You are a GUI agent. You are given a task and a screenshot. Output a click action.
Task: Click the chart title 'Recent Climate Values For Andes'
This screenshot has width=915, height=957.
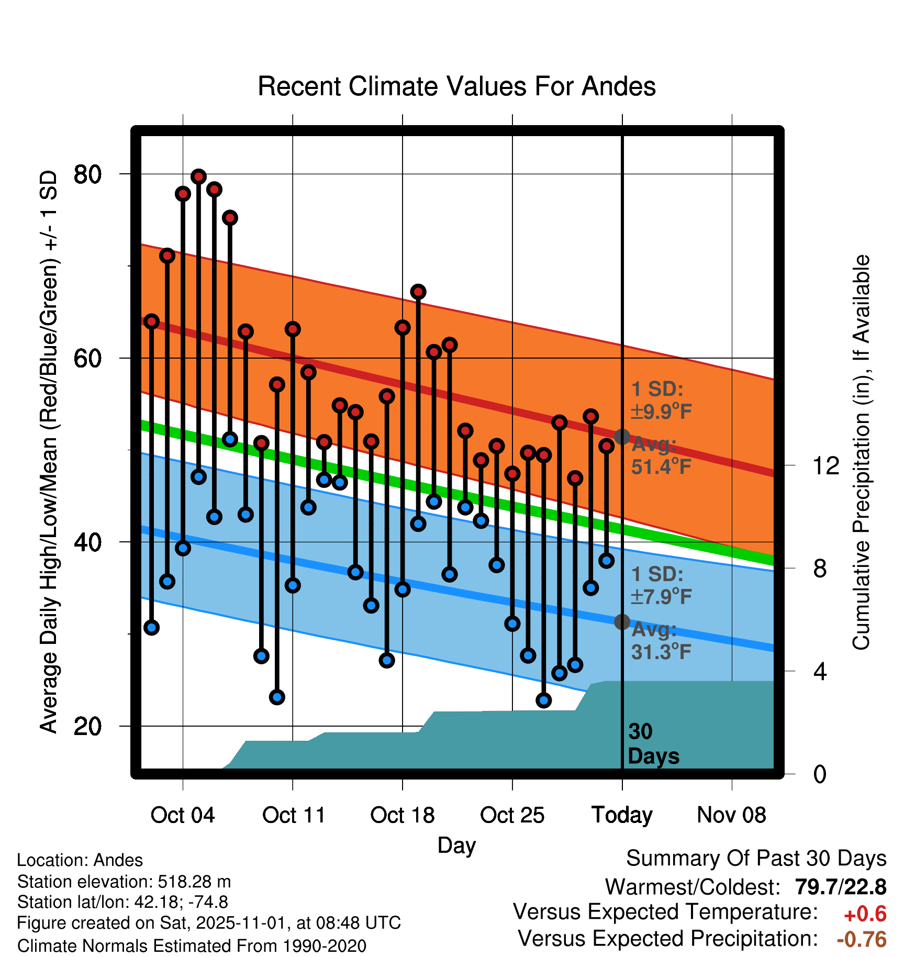[x=456, y=86]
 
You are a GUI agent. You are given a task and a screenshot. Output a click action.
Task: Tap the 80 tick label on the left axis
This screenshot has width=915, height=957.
[x=87, y=174]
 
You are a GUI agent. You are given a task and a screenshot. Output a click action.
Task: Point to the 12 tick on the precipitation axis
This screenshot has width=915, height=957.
[x=825, y=465]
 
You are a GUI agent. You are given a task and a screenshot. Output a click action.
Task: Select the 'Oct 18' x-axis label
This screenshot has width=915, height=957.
[x=402, y=815]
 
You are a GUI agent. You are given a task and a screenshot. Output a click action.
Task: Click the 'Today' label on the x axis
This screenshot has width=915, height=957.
[x=622, y=815]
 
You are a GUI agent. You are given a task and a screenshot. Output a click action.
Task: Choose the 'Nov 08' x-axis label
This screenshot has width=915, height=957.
[x=731, y=815]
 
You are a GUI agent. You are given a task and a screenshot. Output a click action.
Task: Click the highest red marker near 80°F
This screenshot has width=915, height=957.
[x=198, y=176]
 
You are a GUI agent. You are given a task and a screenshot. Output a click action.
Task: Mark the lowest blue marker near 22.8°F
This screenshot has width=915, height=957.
[x=544, y=700]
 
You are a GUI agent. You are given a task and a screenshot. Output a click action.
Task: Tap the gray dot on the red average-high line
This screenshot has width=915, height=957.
[x=622, y=436]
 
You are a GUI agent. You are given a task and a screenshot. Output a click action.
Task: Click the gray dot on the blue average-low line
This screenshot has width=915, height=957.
[x=622, y=622]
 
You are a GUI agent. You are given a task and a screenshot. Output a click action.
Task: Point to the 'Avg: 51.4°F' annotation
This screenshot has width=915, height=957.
[x=661, y=455]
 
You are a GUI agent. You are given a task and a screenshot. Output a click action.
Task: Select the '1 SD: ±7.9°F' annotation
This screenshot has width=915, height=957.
[x=661, y=585]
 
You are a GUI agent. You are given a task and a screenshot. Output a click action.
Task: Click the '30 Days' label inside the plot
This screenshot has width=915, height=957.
[x=653, y=744]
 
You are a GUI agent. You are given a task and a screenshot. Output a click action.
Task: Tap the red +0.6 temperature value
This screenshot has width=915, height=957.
[x=865, y=914]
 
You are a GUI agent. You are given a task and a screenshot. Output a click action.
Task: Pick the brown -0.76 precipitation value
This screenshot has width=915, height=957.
[x=862, y=939]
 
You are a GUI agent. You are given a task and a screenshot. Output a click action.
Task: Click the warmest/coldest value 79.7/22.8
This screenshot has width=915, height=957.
[x=840, y=887]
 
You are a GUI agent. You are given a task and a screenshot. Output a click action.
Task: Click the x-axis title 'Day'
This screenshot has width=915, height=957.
[x=456, y=845]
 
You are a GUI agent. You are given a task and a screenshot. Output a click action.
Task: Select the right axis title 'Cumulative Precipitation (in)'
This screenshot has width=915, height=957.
[x=861, y=453]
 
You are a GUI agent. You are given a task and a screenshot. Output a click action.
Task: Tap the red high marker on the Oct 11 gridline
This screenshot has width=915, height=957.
[x=293, y=329]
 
